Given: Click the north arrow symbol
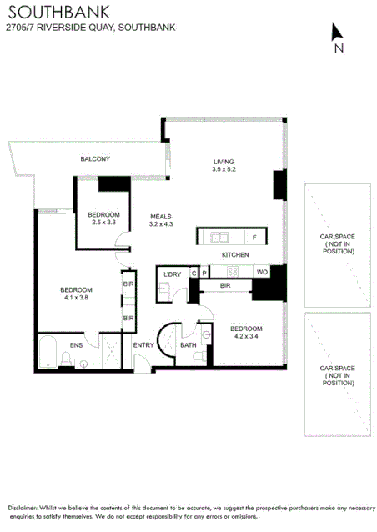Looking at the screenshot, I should click(x=337, y=33).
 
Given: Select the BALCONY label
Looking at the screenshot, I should click(x=95, y=158).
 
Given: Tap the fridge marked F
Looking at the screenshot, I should click(x=254, y=237).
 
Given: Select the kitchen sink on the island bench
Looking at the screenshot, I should click(x=219, y=237).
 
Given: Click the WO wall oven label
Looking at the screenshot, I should click(x=261, y=272).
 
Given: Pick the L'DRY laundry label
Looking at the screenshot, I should click(x=173, y=274).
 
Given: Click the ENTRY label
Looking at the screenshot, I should click(x=143, y=345).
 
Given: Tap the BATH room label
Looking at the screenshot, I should click(x=188, y=345).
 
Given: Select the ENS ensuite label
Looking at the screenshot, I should click(x=76, y=344).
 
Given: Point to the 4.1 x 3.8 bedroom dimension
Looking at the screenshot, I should click(x=74, y=298).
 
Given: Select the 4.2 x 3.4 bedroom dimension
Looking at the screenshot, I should click(x=247, y=337).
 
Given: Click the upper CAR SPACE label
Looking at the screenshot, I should click(x=337, y=243).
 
